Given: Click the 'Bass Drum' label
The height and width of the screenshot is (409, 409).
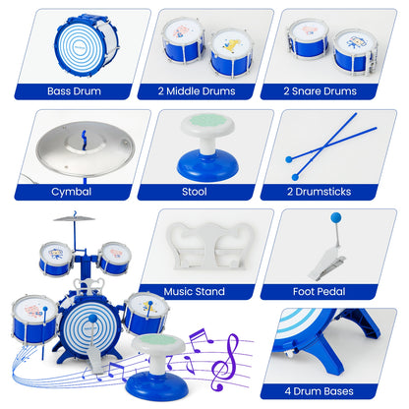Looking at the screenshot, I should coord(75,91).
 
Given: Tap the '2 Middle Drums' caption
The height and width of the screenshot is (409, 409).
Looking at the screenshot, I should coord(204,91).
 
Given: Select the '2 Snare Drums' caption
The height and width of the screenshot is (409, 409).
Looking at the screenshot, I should coord(334,91).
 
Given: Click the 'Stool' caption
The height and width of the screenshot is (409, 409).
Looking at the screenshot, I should coord(204,192).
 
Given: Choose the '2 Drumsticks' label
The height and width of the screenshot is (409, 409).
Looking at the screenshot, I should coord(334,192).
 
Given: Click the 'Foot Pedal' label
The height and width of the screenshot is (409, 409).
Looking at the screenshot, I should coord(334,292).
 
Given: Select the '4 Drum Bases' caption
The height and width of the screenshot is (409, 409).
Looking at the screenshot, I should coord(334,392).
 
